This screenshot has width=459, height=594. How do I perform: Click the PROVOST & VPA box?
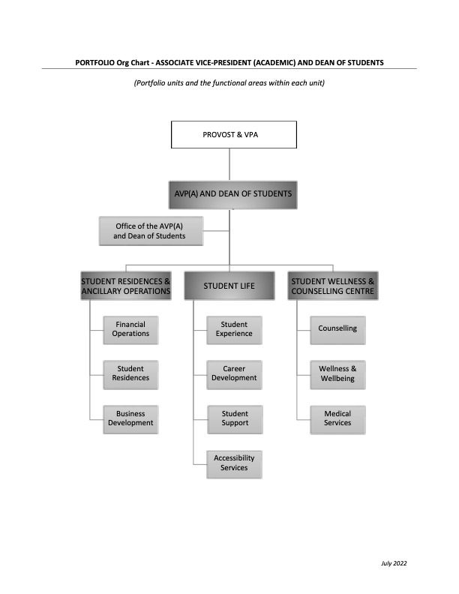point(234,134)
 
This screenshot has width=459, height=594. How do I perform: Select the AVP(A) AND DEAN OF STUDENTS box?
point(233,195)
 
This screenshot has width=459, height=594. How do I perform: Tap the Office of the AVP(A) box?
point(151,231)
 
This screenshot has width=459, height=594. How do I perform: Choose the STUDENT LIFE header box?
point(229,286)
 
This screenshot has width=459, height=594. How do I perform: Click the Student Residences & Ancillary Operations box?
point(126,286)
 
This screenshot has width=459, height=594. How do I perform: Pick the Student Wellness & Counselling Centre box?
point(333,286)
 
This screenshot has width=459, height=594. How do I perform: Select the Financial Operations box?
point(130,330)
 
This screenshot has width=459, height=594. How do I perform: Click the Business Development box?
point(130,419)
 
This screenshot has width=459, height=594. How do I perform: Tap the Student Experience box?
point(234,330)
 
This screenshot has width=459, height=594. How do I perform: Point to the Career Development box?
point(234,375)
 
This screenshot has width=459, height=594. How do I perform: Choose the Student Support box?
point(235,419)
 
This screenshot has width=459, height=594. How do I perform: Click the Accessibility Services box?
point(234,464)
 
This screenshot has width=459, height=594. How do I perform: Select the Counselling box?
point(337,330)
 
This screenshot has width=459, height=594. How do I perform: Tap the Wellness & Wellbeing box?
point(337,375)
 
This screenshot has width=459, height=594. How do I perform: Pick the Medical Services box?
point(337,419)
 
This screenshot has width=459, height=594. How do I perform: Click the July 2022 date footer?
point(394,563)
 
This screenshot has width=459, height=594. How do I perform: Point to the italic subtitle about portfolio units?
point(229,83)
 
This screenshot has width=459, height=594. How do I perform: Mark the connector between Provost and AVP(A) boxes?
point(229,164)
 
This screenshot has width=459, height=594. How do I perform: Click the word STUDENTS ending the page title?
point(365,63)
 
